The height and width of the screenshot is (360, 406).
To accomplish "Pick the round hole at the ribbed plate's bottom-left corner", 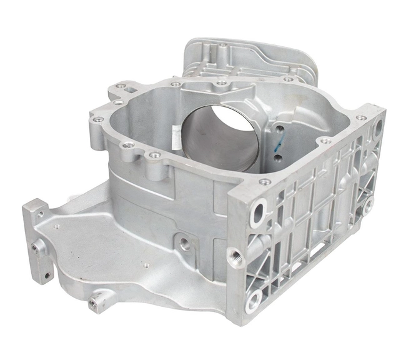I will [253, 302].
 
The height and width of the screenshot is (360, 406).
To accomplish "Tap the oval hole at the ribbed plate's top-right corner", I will [378, 129].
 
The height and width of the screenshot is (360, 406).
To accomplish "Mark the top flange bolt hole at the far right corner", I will [362, 117].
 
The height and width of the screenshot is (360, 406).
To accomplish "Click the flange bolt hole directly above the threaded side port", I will [265, 182].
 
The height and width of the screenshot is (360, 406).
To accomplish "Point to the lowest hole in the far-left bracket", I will [45, 274].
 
